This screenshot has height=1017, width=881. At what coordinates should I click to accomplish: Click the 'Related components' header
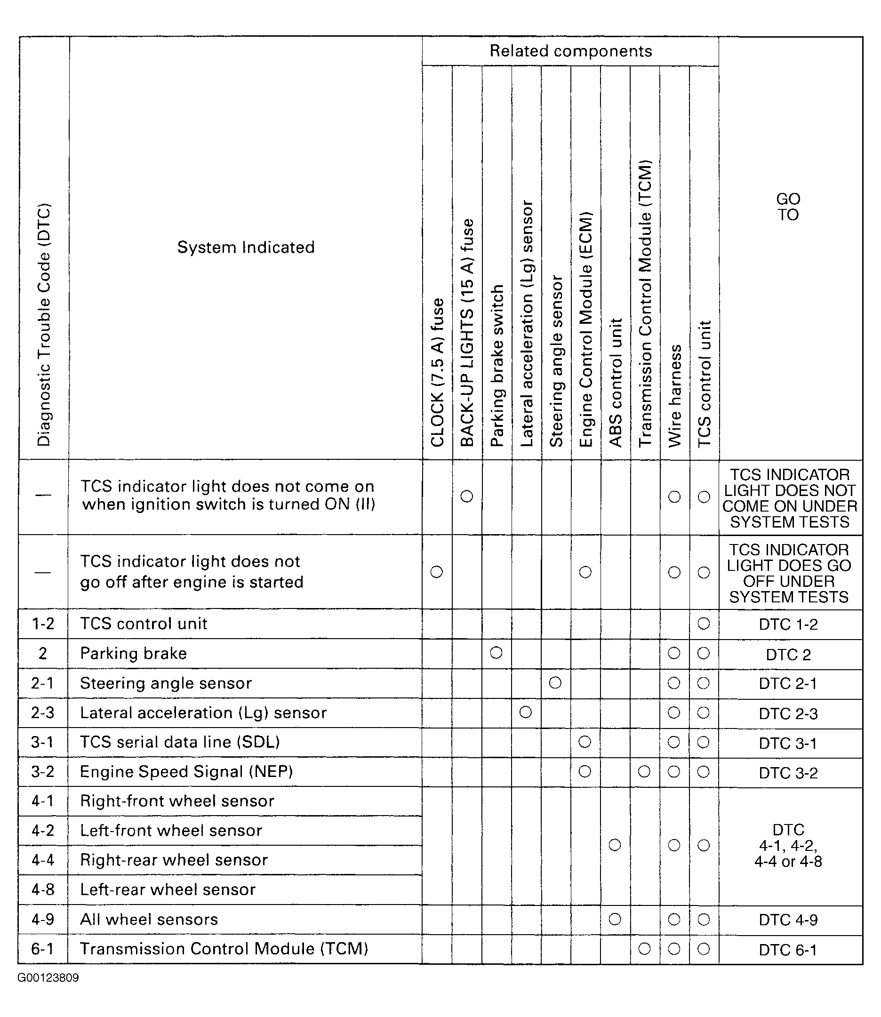click(570, 51)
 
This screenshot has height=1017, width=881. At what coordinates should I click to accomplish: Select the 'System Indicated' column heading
click(246, 247)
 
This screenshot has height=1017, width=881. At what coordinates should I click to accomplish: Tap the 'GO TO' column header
click(788, 207)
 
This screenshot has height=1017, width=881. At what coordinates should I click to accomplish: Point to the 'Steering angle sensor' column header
click(556, 361)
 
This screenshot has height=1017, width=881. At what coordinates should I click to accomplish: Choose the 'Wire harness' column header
click(675, 396)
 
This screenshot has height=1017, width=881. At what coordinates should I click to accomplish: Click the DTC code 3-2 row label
click(43, 772)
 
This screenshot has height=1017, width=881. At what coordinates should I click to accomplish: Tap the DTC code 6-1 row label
click(43, 949)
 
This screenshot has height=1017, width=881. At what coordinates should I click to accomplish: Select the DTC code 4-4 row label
click(43, 860)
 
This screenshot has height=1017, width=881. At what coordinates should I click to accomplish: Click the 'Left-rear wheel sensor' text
click(168, 889)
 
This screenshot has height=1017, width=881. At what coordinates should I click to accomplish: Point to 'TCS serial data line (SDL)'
click(180, 742)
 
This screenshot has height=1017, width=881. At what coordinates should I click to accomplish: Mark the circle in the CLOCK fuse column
click(437, 572)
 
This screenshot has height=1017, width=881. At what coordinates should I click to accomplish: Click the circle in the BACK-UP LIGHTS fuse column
click(466, 496)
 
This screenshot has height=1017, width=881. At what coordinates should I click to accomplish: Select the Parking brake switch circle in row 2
click(496, 653)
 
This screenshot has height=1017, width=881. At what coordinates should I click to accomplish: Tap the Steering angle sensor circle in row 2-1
click(555, 682)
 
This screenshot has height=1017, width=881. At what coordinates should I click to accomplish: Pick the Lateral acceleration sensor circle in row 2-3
click(526, 712)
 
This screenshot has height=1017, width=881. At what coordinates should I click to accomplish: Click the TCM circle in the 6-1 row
click(644, 949)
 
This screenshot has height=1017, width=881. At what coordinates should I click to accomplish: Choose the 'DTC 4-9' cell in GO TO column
click(788, 920)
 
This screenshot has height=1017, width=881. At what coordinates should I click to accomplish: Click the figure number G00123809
click(48, 977)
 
